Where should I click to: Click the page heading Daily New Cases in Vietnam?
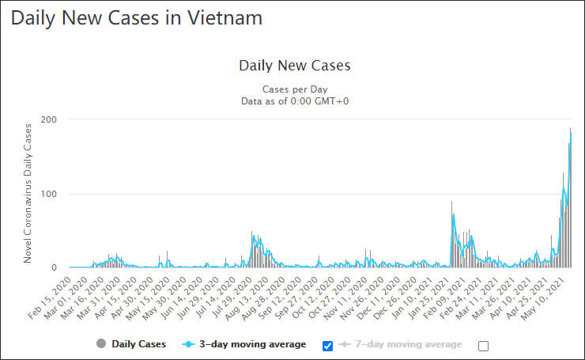pyautogui.click(x=137, y=17)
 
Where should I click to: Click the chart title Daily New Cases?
pyautogui.click(x=294, y=66)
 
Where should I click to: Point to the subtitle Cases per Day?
pyautogui.click(x=294, y=89)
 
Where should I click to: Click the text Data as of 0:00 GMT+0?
pyautogui.click(x=294, y=100)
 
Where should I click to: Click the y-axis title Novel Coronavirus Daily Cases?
pyautogui.click(x=28, y=194)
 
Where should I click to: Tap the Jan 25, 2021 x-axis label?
pyautogui.click(x=436, y=293)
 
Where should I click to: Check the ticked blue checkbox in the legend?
pyautogui.click(x=328, y=346)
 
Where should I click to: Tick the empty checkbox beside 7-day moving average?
pyautogui.click(x=484, y=346)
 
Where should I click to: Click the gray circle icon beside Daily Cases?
pyautogui.click(x=100, y=344)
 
